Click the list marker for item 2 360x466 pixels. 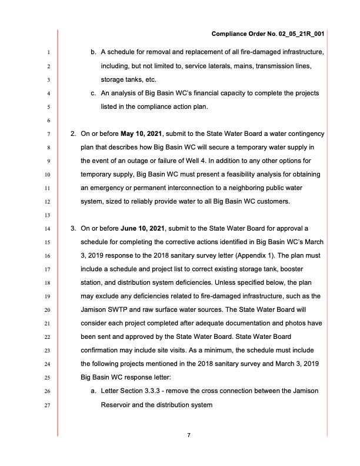(x=73, y=134)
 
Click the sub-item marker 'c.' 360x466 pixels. (x=94, y=93)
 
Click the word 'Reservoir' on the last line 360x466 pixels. (x=118, y=405)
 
